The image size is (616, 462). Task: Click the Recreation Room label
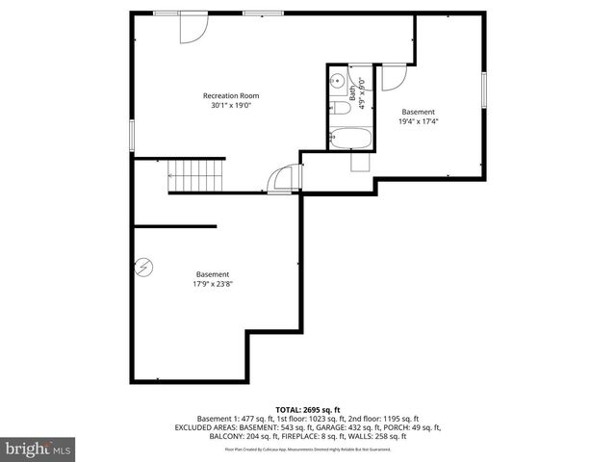pyautogui.click(x=230, y=95)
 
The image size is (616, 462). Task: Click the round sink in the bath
pyautogui.click(x=338, y=82)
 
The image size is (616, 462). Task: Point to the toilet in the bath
pyautogui.click(x=339, y=111)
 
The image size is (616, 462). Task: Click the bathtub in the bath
pyautogui.click(x=346, y=140)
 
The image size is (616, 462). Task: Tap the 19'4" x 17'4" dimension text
pyautogui.click(x=419, y=121)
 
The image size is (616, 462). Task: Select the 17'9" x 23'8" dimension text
pyautogui.click(x=213, y=284)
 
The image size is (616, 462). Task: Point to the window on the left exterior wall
pyautogui.click(x=132, y=136)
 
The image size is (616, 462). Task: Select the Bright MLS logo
pyautogui.click(x=38, y=449)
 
